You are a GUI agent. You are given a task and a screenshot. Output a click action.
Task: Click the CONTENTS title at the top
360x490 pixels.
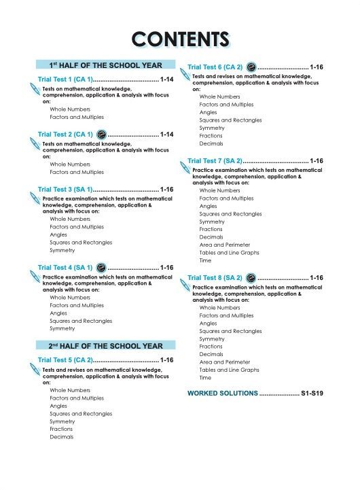pyautogui.click(x=180, y=39)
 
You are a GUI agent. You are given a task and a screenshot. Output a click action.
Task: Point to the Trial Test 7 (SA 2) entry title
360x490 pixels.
pyautogui.click(x=214, y=161)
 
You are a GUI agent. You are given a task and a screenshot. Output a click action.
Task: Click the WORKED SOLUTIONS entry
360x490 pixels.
pyautogui.click(x=222, y=393)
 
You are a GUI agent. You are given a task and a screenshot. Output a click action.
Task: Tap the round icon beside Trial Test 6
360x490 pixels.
pyautogui.click(x=251, y=67)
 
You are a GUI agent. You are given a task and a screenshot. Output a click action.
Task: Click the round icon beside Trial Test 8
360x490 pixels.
pyautogui.click(x=251, y=278)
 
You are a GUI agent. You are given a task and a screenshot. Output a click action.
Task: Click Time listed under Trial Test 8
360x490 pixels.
pyautogui.click(x=205, y=377)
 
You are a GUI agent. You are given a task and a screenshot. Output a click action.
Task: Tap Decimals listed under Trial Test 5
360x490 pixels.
pyautogui.click(x=62, y=437)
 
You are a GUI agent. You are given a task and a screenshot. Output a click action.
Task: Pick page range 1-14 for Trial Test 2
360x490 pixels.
pyautogui.click(x=167, y=135)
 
